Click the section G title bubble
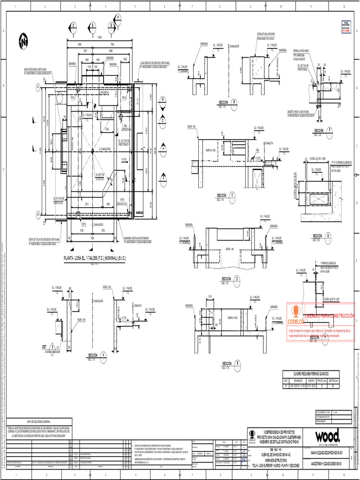click(x=328, y=235)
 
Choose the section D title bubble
click(x=237, y=279)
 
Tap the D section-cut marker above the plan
click(x=73, y=25)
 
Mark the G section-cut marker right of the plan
click(x=163, y=99)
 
